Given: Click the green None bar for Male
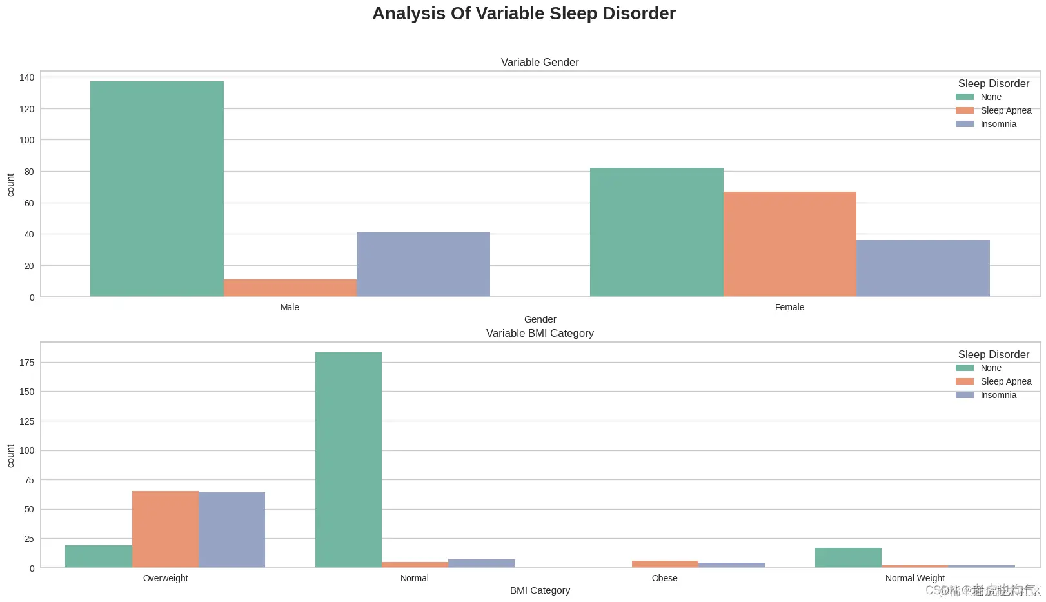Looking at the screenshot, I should coord(157,188).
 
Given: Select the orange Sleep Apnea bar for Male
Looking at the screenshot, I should coord(290,288).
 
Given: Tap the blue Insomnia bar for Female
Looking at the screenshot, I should coord(923,268).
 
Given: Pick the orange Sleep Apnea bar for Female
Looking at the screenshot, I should coord(789,244).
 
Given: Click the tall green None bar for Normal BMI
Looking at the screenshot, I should coord(348,459).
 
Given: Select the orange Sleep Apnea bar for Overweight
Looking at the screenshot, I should coord(165,529).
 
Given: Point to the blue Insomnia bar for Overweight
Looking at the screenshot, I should coord(232,530).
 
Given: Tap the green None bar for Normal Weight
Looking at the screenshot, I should coord(848,557).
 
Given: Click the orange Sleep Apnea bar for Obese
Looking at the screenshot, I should coord(665,564).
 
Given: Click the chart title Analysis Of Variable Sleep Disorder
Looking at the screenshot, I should coord(524,14).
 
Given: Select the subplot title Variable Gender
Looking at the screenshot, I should coord(540,62).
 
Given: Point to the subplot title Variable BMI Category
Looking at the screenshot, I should coord(540,333).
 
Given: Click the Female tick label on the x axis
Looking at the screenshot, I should coord(789,307).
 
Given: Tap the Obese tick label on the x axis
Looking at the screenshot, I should coord(664,578).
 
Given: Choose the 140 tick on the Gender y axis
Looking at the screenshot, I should coord(26,77).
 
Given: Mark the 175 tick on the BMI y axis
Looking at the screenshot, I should coord(26,363).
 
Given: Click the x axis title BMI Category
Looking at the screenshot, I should coord(540,590).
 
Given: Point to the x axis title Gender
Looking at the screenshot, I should coord(540,319).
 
